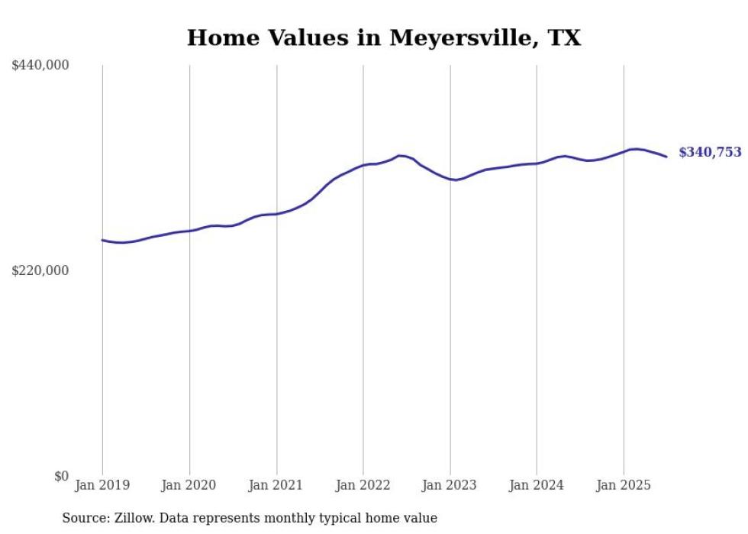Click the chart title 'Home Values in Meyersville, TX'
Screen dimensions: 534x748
[x=383, y=37]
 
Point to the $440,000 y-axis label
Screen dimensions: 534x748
[x=40, y=66]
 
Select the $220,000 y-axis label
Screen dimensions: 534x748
[x=40, y=270]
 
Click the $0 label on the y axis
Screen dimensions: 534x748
[x=61, y=476]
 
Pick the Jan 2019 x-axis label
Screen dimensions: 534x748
[x=102, y=485]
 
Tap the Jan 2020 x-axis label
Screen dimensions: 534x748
[x=189, y=485]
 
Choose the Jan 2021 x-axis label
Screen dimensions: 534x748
[x=276, y=485]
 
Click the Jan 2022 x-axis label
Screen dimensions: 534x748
[x=363, y=485]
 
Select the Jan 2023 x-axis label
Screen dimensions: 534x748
[x=450, y=485]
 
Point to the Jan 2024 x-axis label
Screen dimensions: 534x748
[x=537, y=485]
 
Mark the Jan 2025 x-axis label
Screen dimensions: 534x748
[x=624, y=485]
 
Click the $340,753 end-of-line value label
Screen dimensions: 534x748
[x=710, y=153]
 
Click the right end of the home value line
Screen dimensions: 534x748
[x=666, y=157]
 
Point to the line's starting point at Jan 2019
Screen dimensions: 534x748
[x=102, y=240]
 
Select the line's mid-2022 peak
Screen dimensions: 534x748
[x=400, y=155]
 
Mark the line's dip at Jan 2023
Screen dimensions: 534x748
[x=453, y=180]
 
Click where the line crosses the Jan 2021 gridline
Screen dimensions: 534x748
[x=276, y=214]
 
